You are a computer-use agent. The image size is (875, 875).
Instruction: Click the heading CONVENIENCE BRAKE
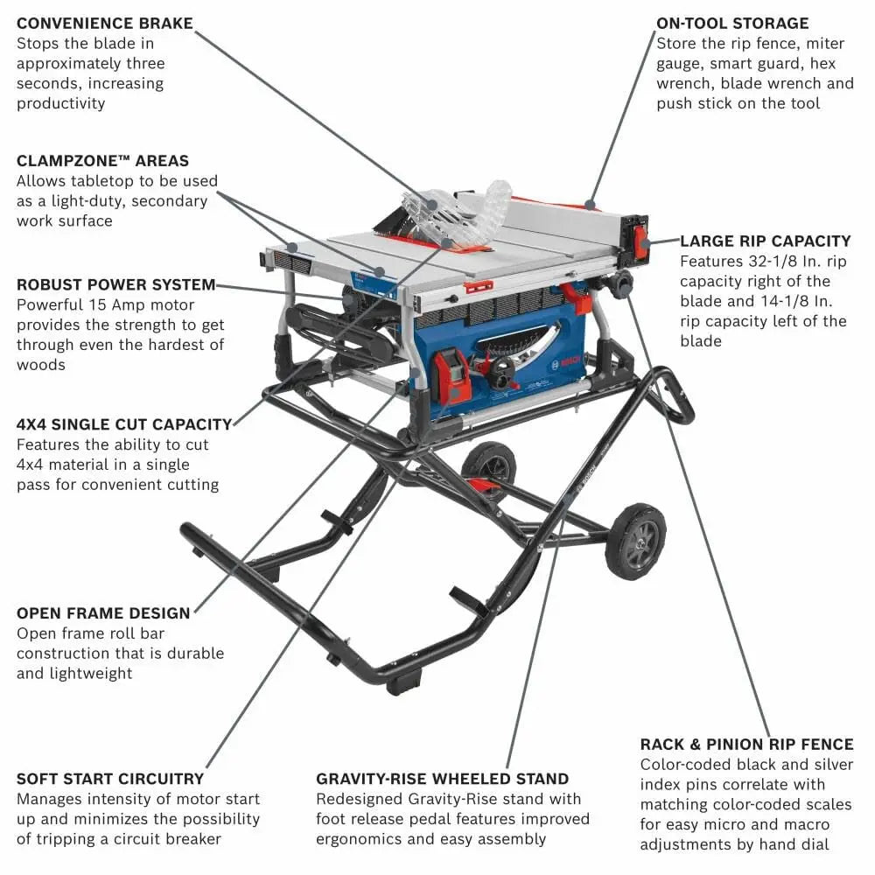(x=104, y=24)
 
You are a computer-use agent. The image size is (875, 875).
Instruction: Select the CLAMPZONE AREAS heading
(x=102, y=161)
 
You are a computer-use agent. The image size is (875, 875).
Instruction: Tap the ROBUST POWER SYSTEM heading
(x=115, y=284)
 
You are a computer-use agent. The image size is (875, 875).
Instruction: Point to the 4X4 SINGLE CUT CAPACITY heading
(x=124, y=424)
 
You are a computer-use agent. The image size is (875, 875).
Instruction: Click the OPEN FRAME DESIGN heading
(x=103, y=612)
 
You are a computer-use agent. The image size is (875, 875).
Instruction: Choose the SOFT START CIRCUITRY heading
(x=110, y=778)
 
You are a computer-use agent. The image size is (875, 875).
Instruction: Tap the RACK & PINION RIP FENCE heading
(x=746, y=744)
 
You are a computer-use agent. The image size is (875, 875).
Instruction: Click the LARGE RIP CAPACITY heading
(x=765, y=241)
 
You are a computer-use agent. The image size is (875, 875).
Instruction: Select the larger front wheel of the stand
(x=635, y=541)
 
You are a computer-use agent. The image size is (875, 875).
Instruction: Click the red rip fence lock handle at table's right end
(x=641, y=242)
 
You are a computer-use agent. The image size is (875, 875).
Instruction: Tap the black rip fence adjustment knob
(x=622, y=283)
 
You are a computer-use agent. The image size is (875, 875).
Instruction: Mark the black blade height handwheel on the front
(x=500, y=374)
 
